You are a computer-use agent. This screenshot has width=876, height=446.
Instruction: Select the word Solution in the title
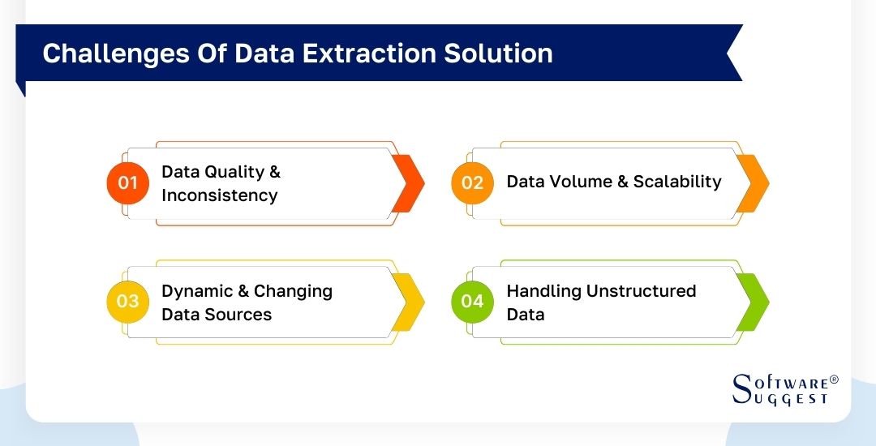tap(502, 54)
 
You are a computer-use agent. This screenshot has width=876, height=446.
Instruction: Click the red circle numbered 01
tap(127, 182)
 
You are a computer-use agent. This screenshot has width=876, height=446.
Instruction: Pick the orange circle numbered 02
tap(472, 182)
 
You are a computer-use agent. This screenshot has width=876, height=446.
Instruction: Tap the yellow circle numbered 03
tap(127, 302)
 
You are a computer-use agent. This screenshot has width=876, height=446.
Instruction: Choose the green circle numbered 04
tap(472, 302)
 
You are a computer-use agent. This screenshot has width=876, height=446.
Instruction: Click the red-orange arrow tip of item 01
tap(409, 183)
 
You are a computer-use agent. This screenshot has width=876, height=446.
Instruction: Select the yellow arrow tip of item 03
tap(409, 302)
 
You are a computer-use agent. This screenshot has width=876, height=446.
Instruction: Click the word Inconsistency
tap(219, 195)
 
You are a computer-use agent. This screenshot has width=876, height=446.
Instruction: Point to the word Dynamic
tap(196, 291)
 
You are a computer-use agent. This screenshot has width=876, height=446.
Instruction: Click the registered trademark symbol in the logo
tap(834, 380)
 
